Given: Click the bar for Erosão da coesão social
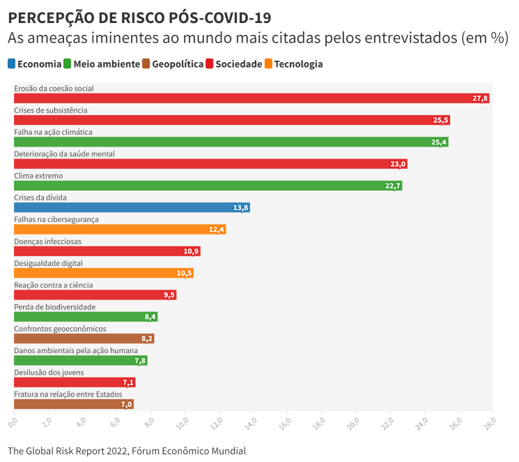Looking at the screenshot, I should (251, 98).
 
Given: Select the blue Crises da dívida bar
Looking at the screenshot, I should (132, 207).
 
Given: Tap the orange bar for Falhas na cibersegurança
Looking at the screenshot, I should (120, 230).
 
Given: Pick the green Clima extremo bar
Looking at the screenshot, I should (208, 186).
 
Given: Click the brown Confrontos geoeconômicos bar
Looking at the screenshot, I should (84, 338).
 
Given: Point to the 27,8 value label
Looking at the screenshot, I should (480, 98).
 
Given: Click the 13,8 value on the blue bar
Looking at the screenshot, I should (241, 208).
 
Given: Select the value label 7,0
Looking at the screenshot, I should (126, 404).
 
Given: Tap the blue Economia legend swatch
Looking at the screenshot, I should (12, 64).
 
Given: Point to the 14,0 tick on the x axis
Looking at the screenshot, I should (251, 423).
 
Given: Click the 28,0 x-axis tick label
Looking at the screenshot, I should (490, 423).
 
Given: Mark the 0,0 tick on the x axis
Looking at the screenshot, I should (13, 423).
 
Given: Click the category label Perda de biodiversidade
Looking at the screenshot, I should (55, 307).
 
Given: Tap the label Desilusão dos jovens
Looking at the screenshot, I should (49, 373).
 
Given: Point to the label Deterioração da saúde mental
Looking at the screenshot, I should (64, 154).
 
